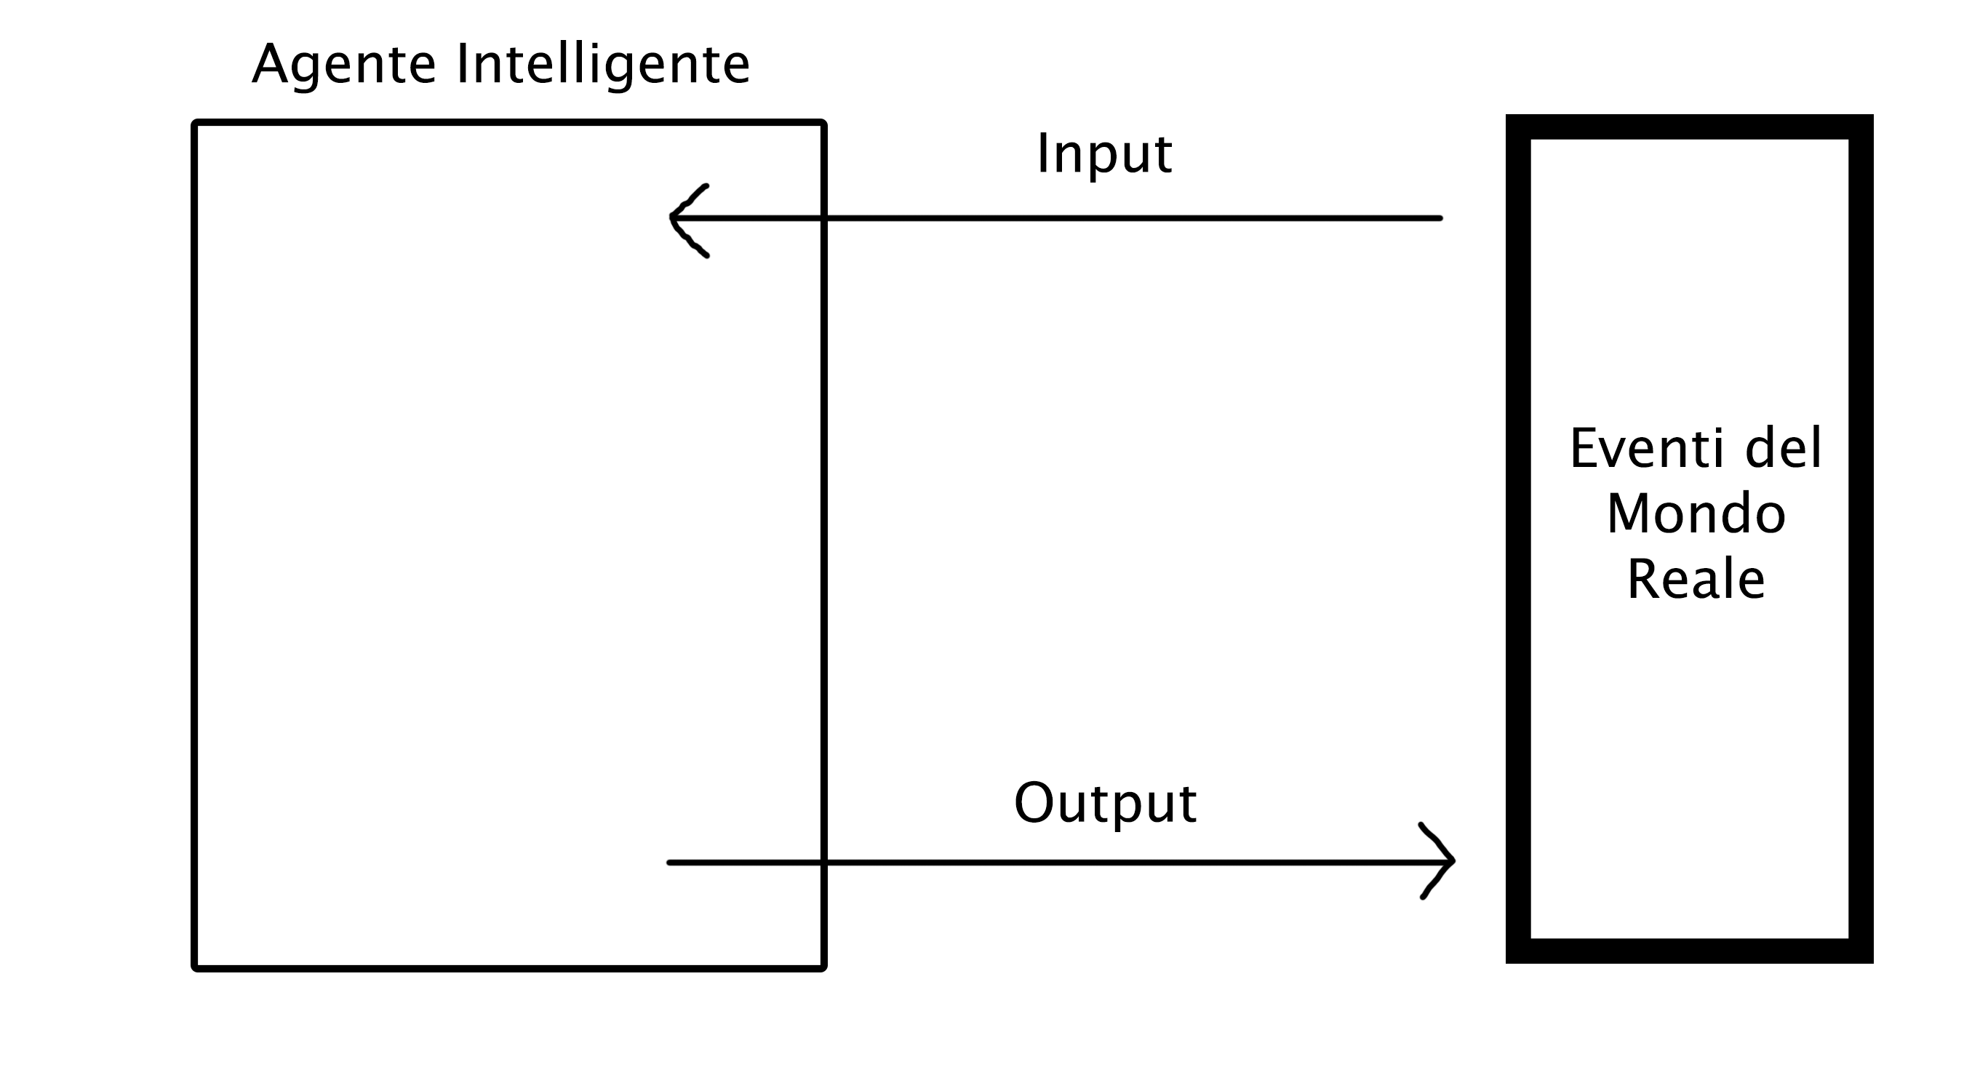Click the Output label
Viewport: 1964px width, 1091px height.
coord(1106,804)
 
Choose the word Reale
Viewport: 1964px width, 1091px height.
coord(1696,580)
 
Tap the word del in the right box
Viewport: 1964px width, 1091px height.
coord(1784,448)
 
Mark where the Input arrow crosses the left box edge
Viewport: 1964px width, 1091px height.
coord(823,218)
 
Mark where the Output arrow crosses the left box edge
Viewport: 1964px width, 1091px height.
coord(823,863)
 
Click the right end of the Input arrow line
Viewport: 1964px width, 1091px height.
coord(1440,218)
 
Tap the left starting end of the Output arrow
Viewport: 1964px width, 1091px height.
coord(669,863)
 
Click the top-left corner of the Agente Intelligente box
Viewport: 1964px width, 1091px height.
coord(195,123)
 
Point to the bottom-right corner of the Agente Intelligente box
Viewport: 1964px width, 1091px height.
coord(823,968)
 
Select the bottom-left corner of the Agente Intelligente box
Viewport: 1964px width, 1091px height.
coord(195,968)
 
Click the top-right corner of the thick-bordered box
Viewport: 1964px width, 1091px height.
coord(1872,115)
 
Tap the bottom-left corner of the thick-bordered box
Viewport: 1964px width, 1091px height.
coord(1506,963)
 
